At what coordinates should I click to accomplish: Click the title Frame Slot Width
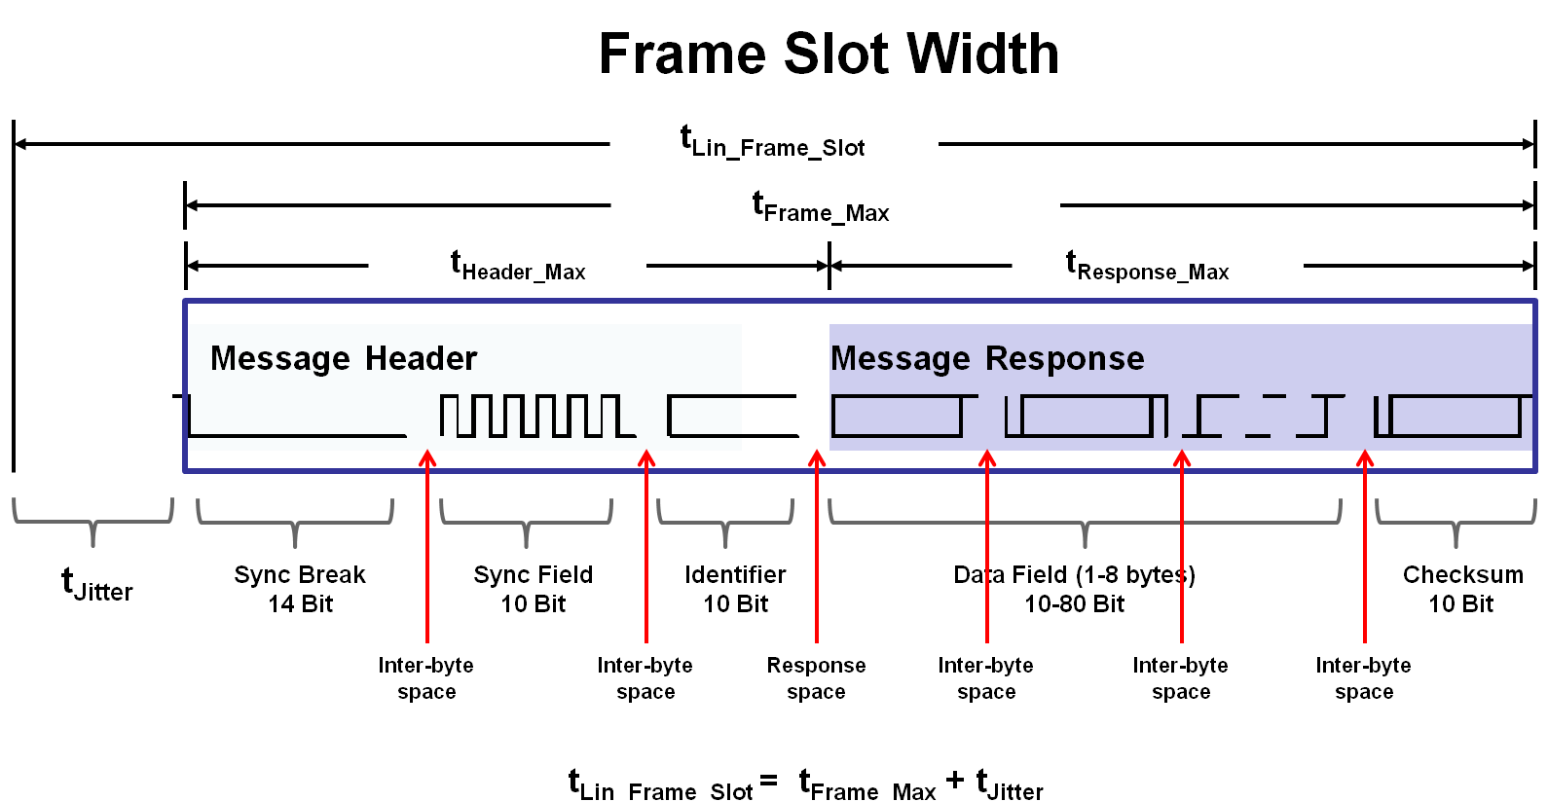pyautogui.click(x=829, y=54)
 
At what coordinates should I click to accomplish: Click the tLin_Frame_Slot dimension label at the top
pyautogui.click(x=773, y=142)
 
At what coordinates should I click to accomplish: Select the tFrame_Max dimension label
pyautogui.click(x=821, y=207)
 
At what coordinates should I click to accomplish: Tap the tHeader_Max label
pyautogui.click(x=518, y=266)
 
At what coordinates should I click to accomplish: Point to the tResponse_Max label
pyautogui.click(x=1147, y=266)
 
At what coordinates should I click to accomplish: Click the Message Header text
pyautogui.click(x=344, y=359)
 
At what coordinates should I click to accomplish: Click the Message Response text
pyautogui.click(x=987, y=359)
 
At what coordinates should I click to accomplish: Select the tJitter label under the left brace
pyautogui.click(x=96, y=586)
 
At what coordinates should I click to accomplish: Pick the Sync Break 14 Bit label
pyautogui.click(x=300, y=589)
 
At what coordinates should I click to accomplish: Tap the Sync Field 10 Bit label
pyautogui.click(x=533, y=589)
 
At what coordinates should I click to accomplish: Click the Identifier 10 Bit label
pyautogui.click(x=735, y=589)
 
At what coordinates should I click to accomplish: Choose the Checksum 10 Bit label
pyautogui.click(x=1462, y=589)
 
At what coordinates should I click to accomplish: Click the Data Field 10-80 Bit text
pyautogui.click(x=1074, y=589)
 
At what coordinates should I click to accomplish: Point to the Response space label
pyautogui.click(x=816, y=678)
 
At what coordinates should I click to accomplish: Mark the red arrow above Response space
pyautogui.click(x=817, y=545)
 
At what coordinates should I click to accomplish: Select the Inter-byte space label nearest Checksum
pyautogui.click(x=1363, y=678)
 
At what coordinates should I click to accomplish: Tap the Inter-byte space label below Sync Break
pyautogui.click(x=425, y=678)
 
